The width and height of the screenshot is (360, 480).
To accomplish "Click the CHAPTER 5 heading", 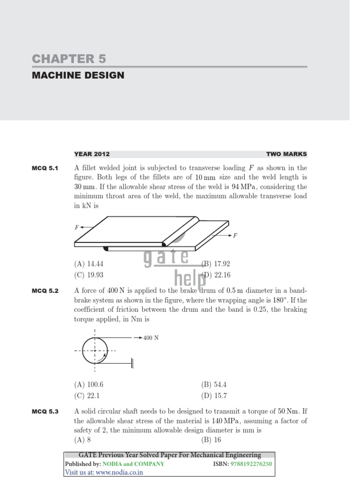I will tap(69, 59).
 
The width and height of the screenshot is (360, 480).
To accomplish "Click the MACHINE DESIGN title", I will tap(78, 75).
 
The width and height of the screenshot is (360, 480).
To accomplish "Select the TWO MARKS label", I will tap(286, 154).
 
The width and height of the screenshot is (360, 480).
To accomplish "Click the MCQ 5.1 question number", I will tap(45, 168).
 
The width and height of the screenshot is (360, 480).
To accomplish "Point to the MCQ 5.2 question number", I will tap(45, 291).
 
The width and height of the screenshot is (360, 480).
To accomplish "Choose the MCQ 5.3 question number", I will tap(45, 412).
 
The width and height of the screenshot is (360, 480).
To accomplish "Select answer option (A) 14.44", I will tap(89, 264).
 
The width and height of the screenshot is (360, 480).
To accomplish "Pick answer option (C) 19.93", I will tap(89, 275).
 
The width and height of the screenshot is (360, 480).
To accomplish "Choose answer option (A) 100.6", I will tap(89, 384).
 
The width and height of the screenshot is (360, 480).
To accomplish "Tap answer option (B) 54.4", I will tap(214, 384).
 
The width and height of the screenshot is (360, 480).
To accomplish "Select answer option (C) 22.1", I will tap(87, 395).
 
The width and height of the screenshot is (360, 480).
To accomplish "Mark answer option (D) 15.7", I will tap(214, 395).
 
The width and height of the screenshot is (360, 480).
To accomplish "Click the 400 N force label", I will tap(151, 337).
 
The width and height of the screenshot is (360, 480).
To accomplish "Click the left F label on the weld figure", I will tap(76, 227).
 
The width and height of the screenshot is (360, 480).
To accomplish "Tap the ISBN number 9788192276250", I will tap(251, 464).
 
